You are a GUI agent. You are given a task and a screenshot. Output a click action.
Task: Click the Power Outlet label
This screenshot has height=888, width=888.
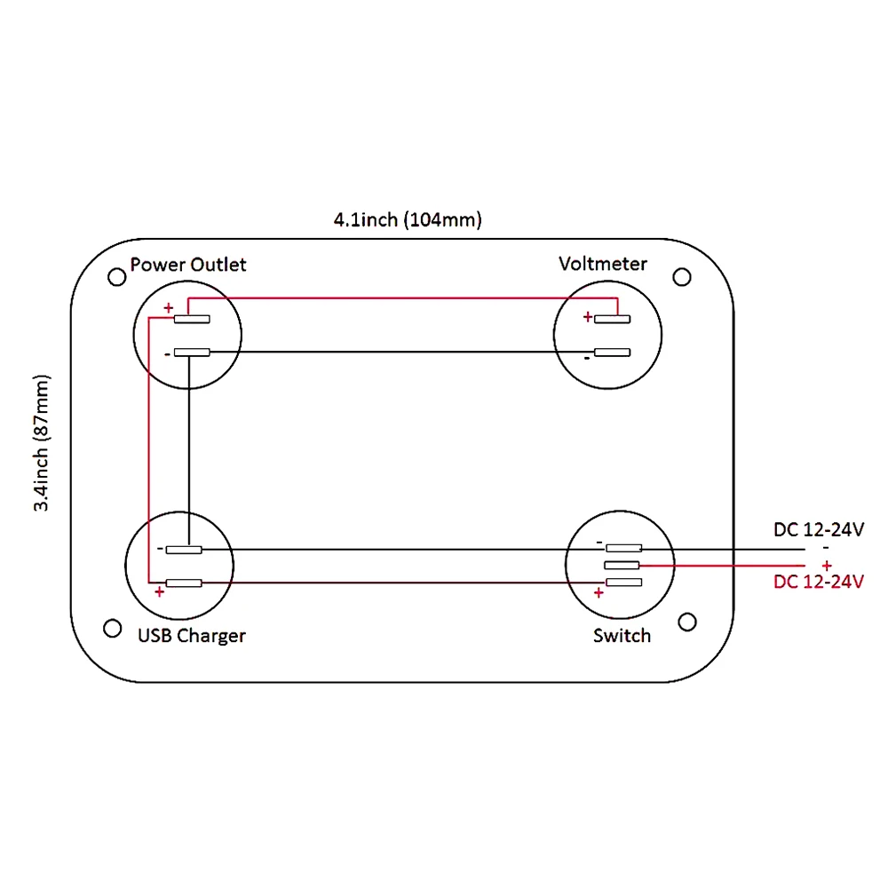pos(187,265)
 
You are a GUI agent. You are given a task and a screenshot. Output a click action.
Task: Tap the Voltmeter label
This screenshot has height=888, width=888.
pos(603,264)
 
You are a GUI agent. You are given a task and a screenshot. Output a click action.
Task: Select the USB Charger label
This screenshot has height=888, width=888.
pos(191,636)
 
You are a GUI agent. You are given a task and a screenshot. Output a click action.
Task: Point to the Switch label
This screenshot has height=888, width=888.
pos(622,636)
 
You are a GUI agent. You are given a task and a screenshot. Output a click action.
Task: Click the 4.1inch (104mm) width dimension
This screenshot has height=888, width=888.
pos(408,220)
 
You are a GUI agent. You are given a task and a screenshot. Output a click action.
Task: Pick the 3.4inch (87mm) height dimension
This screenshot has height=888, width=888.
pos(42,443)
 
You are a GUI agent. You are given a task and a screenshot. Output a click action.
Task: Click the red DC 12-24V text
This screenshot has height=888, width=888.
pos(819,583)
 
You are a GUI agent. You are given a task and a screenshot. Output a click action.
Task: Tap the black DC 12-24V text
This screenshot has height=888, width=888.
pos(819,530)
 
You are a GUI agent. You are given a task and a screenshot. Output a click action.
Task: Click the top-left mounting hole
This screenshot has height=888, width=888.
pos(116,277)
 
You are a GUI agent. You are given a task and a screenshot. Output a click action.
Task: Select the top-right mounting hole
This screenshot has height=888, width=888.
pos(682,277)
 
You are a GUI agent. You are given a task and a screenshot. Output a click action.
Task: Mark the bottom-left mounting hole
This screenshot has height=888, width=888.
pos(113,628)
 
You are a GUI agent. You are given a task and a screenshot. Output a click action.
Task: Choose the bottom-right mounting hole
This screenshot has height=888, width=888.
pos(686,620)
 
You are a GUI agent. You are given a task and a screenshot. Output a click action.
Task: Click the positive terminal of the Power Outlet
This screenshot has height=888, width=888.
pos(192,319)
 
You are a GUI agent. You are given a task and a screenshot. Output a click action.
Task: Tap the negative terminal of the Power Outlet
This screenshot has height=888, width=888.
pos(192,353)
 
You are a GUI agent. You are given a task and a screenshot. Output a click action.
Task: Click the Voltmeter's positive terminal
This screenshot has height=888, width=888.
pos(612,319)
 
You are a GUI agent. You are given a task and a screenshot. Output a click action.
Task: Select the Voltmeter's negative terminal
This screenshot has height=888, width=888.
pos(612,353)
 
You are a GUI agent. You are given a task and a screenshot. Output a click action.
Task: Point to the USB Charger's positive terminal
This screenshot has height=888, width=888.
pos(184,583)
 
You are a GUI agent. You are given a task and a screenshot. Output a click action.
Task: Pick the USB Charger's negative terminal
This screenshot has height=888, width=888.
pos(184,550)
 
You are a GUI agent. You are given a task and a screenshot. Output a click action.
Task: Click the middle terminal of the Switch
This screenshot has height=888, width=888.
pos(622,566)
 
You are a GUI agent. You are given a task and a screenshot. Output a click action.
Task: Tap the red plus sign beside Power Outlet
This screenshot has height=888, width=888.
pos(168,308)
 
